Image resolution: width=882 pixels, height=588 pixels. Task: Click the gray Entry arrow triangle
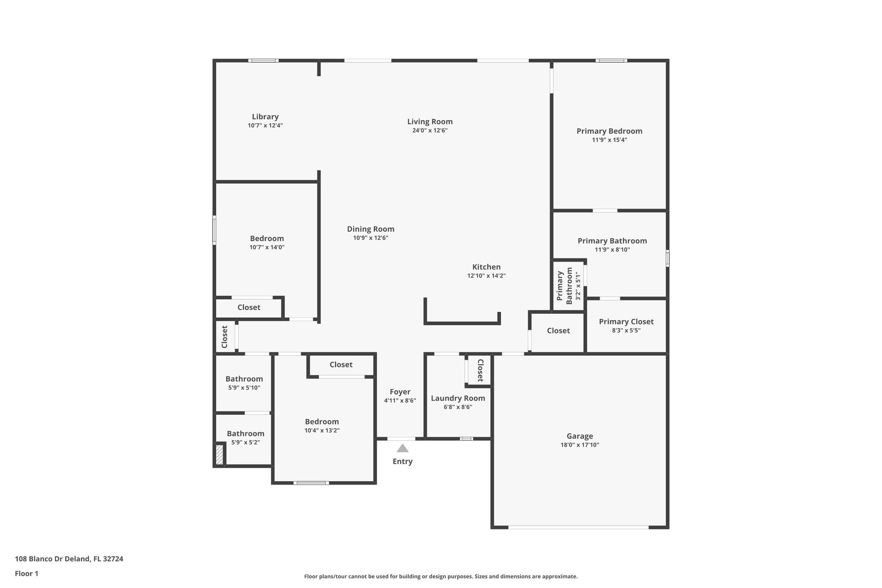pos(403,448)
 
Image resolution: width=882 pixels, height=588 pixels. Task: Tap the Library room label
pos(265,117)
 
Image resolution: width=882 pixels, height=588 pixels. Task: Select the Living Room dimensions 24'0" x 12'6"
pos(430,131)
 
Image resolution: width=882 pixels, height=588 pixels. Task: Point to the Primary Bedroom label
pos(609,131)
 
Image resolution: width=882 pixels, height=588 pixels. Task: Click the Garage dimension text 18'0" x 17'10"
pos(580,445)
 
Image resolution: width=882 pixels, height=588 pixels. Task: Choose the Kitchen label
pos(487,267)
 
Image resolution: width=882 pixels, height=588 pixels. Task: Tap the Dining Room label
pos(371,229)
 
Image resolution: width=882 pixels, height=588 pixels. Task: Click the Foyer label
pos(400,392)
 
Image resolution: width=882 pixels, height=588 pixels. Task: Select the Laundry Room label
pos(458,398)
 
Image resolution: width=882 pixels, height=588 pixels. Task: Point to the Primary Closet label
pos(626,322)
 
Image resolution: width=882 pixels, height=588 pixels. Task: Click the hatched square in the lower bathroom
pos(219,455)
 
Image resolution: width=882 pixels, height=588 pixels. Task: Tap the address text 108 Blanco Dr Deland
pos(53,559)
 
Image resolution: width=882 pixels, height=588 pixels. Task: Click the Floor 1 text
pos(27,573)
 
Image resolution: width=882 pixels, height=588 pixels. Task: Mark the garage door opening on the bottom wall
pos(578,527)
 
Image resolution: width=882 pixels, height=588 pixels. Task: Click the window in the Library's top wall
pos(264,61)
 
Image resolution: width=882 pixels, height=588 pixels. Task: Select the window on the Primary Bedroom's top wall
pos(612,61)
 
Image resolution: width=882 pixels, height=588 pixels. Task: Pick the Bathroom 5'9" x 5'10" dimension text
pos(244,388)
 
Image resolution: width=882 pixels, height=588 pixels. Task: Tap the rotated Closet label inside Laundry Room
pos(481,370)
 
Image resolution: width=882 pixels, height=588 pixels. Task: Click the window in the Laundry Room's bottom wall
pos(466,439)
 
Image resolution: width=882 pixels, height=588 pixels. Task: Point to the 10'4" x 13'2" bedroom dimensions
pos(322,430)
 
